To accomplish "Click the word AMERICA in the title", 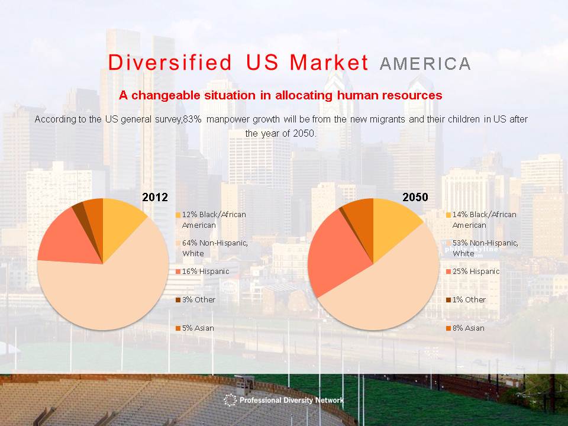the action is [425, 64].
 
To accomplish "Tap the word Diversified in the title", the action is [170, 62].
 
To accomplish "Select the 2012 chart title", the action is [155, 197].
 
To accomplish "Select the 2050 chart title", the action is [415, 197].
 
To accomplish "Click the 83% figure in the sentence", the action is [192, 119].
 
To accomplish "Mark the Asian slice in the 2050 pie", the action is [360, 217].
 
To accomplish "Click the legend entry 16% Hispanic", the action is [202, 272].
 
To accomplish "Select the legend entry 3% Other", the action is [196, 299].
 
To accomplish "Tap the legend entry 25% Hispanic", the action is [473, 272].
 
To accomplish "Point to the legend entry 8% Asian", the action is [465, 328].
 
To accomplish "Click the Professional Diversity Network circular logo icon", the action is [230, 400].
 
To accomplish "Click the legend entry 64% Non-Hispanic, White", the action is [212, 248].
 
